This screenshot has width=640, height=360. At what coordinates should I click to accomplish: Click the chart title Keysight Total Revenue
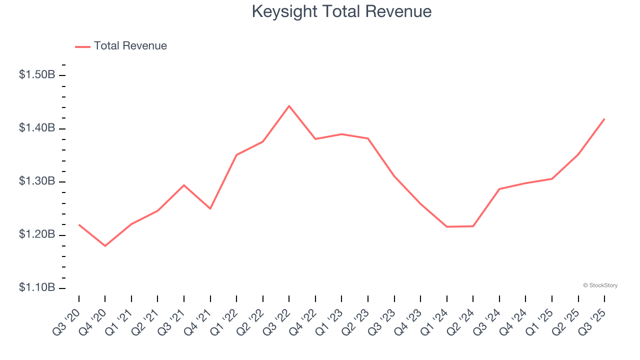point(341,11)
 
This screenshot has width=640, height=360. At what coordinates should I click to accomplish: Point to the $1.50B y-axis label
point(37,75)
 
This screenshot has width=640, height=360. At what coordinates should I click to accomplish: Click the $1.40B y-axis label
point(37,128)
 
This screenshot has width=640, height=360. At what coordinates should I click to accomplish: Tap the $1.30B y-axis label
point(37,181)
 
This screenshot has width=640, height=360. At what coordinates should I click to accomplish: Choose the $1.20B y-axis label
point(37,234)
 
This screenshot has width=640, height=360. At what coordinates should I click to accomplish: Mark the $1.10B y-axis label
point(37,287)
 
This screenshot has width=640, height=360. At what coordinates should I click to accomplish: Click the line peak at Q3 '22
point(289,106)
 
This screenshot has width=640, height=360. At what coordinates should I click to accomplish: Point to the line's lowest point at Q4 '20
point(105,246)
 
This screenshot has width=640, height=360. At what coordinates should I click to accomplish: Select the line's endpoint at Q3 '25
point(604,119)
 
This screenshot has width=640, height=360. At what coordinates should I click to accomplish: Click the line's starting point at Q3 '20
point(79,224)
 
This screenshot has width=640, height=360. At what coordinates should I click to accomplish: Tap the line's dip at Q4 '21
point(210,208)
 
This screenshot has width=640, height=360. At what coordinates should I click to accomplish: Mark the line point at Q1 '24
point(447,226)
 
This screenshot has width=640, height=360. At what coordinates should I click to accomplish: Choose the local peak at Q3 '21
point(184,185)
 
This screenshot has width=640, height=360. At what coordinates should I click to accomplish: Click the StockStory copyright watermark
point(600,285)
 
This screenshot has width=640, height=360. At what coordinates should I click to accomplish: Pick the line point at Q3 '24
point(499,189)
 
